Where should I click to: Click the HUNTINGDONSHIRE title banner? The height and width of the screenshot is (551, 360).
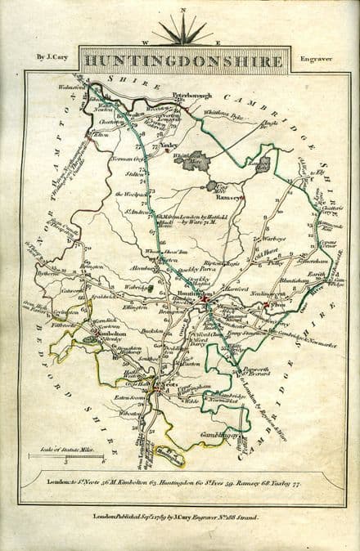coord(182,60)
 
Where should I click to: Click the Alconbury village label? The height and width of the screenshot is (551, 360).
coord(139,267)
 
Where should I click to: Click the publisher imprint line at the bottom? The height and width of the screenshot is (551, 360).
coord(181,517)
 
